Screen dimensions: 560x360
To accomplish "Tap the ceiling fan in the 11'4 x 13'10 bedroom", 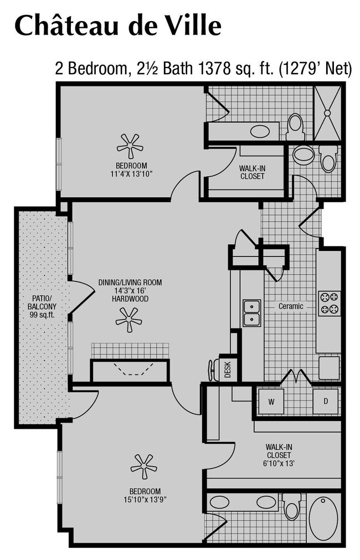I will [x=130, y=146].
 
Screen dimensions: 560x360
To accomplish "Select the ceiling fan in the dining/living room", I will [x=128, y=320].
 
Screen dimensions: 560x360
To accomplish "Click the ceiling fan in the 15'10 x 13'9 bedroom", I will [x=143, y=466].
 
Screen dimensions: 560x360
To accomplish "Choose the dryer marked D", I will [x=325, y=400].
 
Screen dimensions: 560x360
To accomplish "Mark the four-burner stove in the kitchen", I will [x=329, y=304].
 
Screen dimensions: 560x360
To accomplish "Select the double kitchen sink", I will [x=251, y=313].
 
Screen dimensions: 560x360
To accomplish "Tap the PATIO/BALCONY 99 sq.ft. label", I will [x=43, y=306].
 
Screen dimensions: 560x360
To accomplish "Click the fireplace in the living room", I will [x=130, y=370].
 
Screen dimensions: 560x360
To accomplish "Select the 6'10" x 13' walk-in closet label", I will [x=277, y=455].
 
